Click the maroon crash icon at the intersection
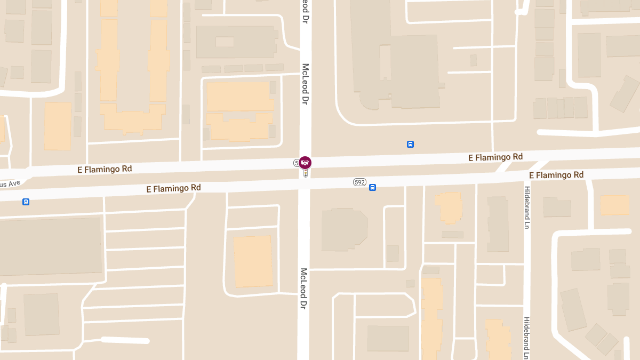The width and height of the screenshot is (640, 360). pyautogui.click(x=305, y=162)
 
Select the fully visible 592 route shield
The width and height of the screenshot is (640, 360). pyautogui.click(x=359, y=182)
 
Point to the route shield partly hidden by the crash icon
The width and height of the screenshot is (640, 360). pyautogui.click(x=297, y=162)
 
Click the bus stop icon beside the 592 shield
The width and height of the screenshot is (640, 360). pyautogui.click(x=372, y=187)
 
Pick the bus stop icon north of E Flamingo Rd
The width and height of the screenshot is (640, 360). pyautogui.click(x=410, y=144)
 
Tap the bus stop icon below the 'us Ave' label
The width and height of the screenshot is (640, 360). pyautogui.click(x=26, y=202)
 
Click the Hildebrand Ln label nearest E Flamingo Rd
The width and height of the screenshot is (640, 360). pyautogui.click(x=526, y=207)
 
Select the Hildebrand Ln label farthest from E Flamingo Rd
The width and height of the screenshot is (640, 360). pyautogui.click(x=526, y=338)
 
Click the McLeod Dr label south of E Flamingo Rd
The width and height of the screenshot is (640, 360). pyautogui.click(x=304, y=289)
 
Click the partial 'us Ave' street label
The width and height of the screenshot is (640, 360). pyautogui.click(x=10, y=184)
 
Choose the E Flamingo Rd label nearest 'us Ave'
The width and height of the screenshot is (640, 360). pyautogui.click(x=105, y=169)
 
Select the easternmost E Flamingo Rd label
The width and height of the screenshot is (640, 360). pyautogui.click(x=556, y=175)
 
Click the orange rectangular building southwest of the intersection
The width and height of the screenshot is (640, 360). pyautogui.click(x=253, y=261)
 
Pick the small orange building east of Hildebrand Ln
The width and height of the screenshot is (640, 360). pyautogui.click(x=614, y=205)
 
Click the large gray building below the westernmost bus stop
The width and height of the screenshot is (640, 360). pyautogui.click(x=51, y=246)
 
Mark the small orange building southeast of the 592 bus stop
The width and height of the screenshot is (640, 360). pyautogui.click(x=449, y=207)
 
